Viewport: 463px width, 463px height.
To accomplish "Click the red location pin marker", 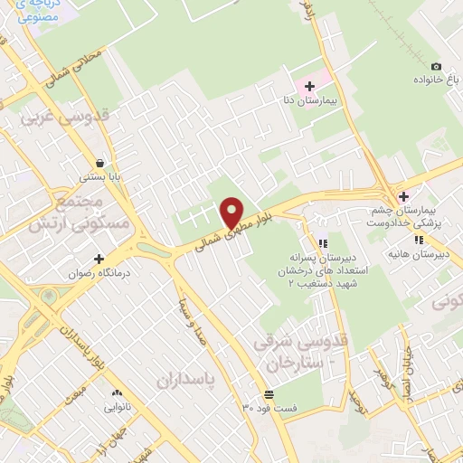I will (232, 213).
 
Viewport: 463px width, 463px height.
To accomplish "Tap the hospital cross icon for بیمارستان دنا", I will (310, 86).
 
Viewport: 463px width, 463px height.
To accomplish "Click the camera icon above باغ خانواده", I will (436, 66).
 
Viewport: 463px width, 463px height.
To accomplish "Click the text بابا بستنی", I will (98, 177).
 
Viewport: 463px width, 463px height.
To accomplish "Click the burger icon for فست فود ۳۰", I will (269, 394).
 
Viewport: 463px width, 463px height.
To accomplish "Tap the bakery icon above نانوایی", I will (116, 393).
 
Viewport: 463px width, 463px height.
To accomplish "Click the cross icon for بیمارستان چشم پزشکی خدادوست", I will (403, 196).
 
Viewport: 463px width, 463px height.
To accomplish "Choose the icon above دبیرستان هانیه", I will (419, 240).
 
